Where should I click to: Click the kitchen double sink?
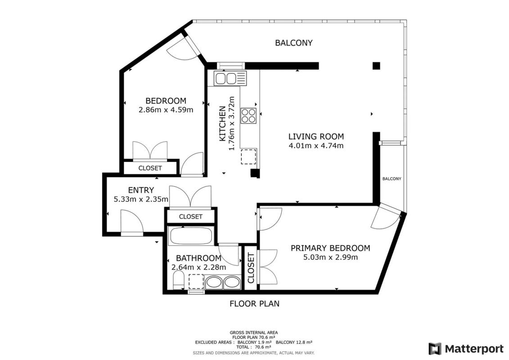[230, 78]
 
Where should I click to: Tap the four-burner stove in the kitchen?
[248, 116]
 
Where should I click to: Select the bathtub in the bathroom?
[190, 236]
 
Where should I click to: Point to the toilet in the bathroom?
[178, 280]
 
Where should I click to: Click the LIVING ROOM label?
[316, 136]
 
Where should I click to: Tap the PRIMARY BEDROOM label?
[330, 248]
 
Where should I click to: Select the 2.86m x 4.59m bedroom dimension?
[166, 110]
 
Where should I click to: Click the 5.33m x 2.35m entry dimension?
[141, 199]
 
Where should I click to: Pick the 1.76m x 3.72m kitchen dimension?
[231, 123]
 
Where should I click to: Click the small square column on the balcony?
[376, 66]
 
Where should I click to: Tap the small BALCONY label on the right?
[392, 179]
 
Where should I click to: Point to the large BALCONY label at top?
[294, 43]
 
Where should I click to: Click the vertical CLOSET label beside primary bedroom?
[251, 268]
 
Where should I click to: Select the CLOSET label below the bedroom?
[150, 168]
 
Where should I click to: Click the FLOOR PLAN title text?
[255, 304]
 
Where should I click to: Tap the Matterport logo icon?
[435, 349]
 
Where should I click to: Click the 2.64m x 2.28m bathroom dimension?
[198, 267]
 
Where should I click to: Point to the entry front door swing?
[132, 221]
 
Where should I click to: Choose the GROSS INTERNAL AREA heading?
[253, 333]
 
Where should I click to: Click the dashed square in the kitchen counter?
[248, 157]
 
